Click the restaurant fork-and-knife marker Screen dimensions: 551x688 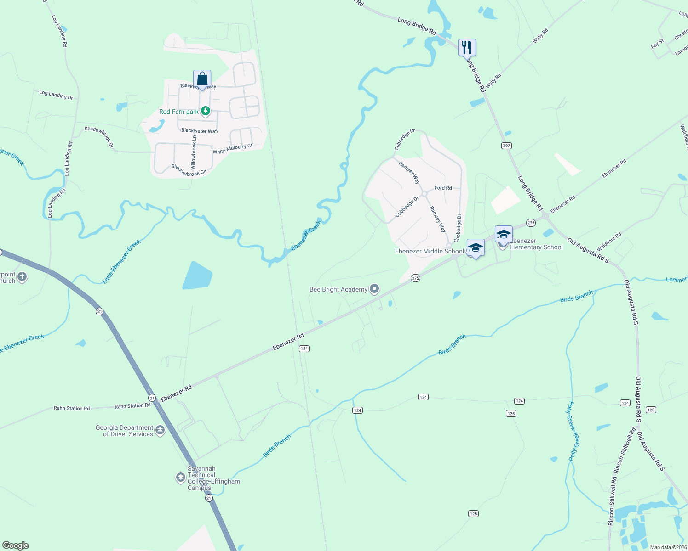click(467, 47)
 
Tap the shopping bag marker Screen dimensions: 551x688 click(202, 79)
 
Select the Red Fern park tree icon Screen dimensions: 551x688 click(206, 111)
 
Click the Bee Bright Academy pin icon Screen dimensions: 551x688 click(374, 289)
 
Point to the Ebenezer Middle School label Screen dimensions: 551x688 click(430, 251)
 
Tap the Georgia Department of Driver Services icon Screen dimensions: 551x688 click(160, 430)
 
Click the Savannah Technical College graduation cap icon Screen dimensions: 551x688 click(181, 478)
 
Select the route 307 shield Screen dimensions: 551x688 click(506, 146)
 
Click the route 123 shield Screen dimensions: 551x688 click(650, 410)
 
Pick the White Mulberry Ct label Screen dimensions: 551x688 click(232, 149)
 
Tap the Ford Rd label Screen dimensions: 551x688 click(443, 188)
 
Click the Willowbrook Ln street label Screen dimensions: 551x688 click(194, 152)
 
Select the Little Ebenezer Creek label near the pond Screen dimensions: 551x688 click(121, 261)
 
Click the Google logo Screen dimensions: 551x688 click(16, 545)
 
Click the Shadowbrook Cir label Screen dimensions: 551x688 click(189, 170)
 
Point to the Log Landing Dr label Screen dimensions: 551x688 click(56, 95)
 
